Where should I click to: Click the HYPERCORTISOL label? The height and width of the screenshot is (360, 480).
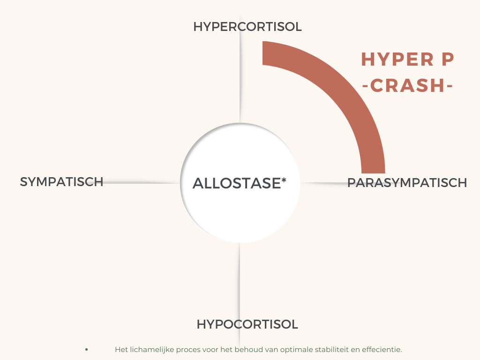247,27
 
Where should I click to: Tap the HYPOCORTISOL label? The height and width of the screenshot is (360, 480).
247,324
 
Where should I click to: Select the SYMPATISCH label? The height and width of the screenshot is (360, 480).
61,182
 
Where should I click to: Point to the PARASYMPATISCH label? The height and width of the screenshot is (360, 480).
407,183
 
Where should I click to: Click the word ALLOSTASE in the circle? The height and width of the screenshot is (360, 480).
237,183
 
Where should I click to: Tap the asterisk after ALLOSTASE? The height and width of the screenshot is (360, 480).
284,180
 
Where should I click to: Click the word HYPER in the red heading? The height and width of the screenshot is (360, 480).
397,59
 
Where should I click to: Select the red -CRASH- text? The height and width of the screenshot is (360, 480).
407,85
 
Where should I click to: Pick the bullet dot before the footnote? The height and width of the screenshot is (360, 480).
87,349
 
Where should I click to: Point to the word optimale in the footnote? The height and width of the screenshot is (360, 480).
296,350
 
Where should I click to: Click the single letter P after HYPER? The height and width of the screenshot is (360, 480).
448,59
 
